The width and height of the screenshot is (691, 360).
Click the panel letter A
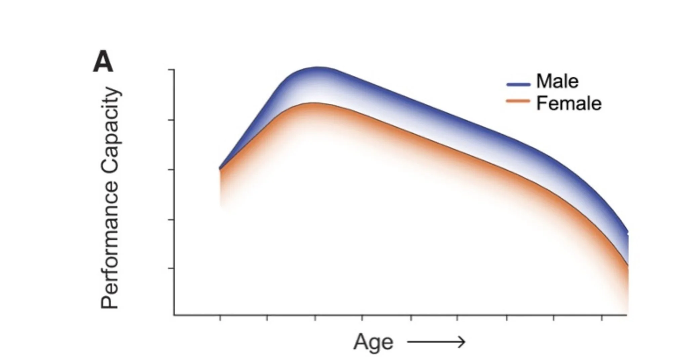(103, 63)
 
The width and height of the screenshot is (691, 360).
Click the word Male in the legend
(557, 81)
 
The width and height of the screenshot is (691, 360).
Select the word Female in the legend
(569, 103)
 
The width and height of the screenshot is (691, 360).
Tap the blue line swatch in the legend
(518, 84)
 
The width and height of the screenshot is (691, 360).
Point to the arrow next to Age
(436, 342)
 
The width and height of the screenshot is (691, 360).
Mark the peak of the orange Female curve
(312, 103)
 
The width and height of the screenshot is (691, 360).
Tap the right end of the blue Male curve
(628, 232)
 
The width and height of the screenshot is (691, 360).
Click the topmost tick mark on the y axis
(171, 70)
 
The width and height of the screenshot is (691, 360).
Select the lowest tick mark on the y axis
(171, 268)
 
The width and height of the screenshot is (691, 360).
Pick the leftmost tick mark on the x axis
(220, 318)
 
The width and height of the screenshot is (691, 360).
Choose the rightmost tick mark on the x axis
(602, 318)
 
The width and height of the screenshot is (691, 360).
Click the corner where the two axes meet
(174, 315)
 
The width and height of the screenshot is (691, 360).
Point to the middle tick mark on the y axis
(171, 170)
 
